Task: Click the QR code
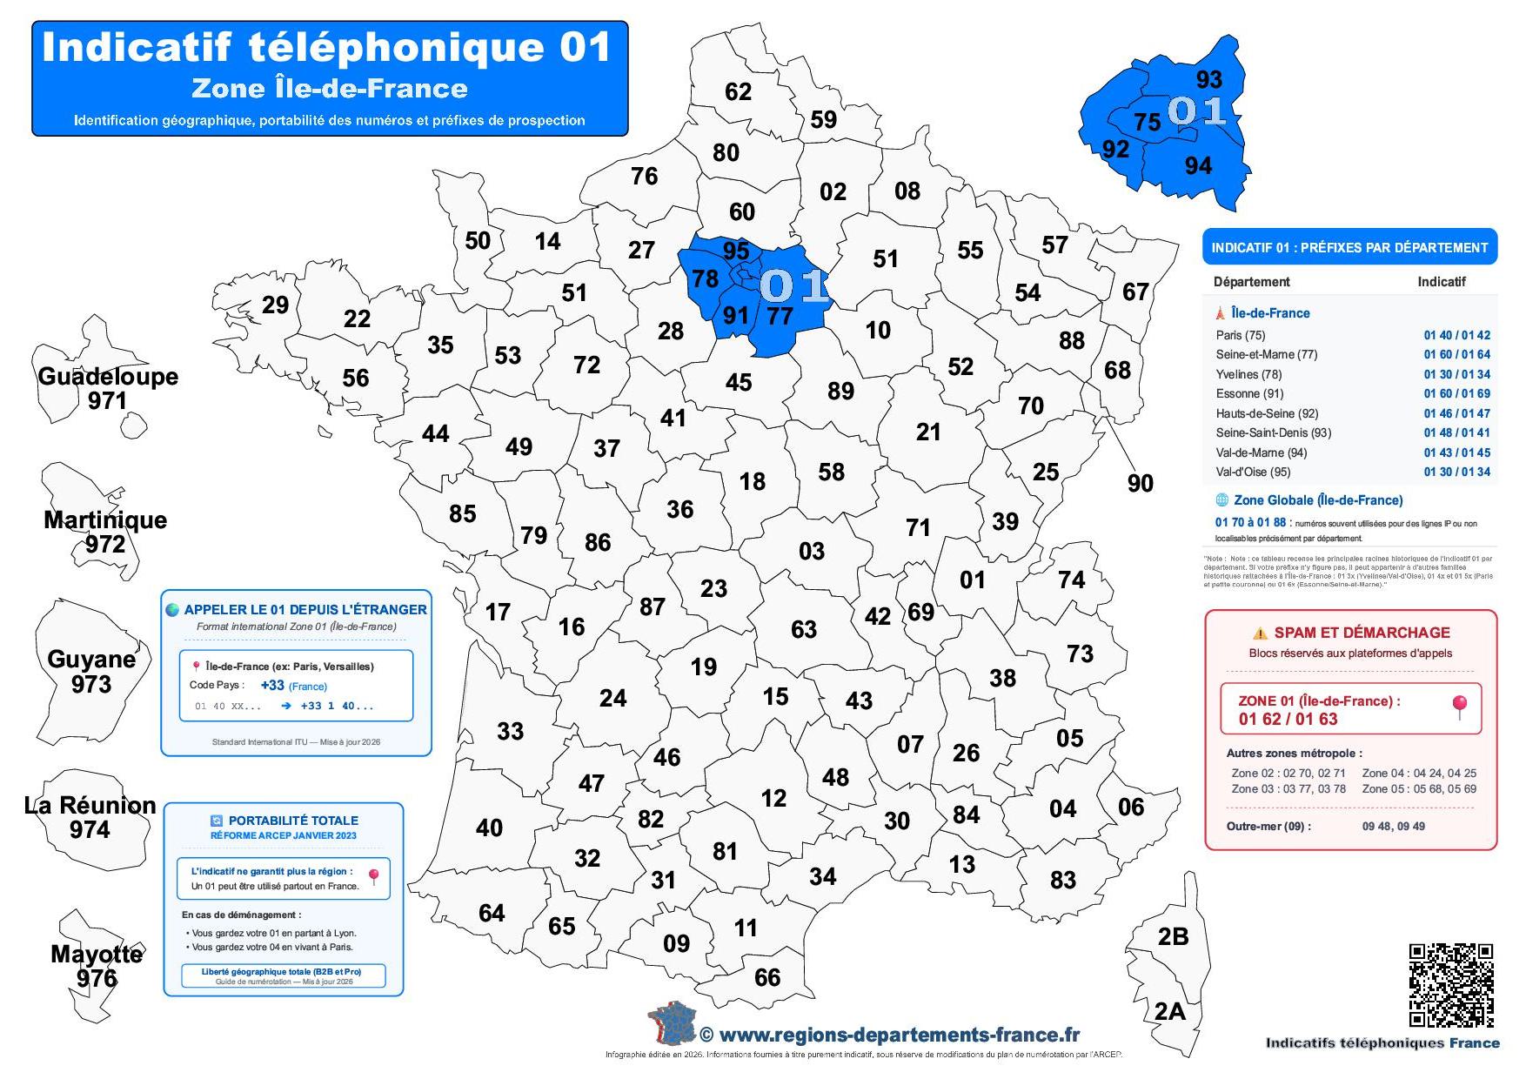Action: (x=1450, y=985)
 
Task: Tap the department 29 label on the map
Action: (x=275, y=305)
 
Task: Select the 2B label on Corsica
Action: (x=1173, y=936)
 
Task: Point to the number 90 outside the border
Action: (x=1140, y=483)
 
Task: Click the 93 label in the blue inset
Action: (x=1208, y=79)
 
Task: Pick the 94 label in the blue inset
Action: (x=1198, y=165)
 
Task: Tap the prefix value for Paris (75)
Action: (x=1456, y=335)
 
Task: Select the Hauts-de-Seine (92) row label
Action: (x=1267, y=413)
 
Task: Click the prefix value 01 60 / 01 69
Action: (x=1456, y=393)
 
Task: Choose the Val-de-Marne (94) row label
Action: (x=1261, y=452)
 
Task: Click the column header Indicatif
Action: (x=1441, y=282)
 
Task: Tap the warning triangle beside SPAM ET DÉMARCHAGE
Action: (x=1259, y=633)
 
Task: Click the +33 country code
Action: (x=272, y=686)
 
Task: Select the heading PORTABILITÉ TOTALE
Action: (x=292, y=821)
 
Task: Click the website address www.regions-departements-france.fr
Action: (x=899, y=1035)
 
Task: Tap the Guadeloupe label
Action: (x=108, y=377)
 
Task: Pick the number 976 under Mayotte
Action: (x=96, y=978)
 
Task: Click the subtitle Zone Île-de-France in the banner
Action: (x=329, y=89)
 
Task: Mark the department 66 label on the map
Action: (x=766, y=977)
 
